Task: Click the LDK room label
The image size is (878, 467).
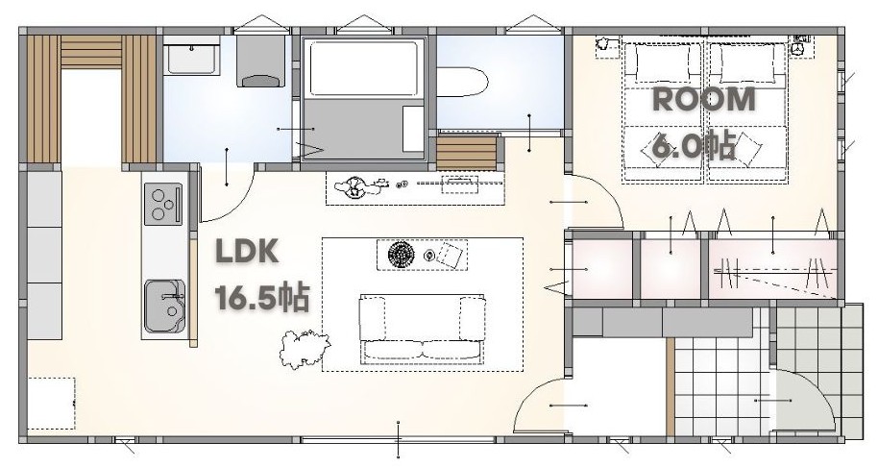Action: point(247,252)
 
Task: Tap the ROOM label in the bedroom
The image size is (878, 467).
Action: point(704,100)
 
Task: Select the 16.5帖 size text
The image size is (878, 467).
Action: point(261,298)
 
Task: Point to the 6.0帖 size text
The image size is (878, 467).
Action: point(695,147)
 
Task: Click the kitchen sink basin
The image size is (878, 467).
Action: point(164,307)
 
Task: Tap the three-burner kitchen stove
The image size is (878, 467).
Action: point(163,205)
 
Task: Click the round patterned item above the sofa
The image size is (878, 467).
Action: point(401,255)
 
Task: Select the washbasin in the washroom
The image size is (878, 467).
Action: point(191,56)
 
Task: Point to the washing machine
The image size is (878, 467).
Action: point(260,61)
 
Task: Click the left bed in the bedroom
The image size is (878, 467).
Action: point(663,111)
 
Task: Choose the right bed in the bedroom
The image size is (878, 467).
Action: point(747,111)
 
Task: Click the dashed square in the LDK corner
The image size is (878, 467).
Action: point(51,404)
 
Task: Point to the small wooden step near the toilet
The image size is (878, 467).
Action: point(467,152)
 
